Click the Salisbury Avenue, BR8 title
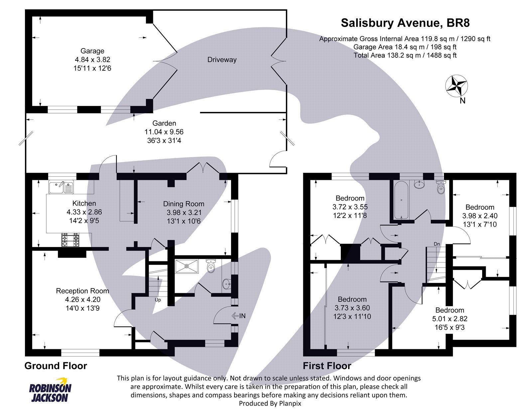coord(405,23)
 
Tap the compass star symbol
coord(456,86)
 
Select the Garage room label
coord(92,51)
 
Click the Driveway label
coord(222,60)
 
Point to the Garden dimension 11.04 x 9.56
coord(164,132)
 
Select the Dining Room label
coord(184,204)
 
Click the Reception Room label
coord(82,291)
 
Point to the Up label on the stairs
coord(158,300)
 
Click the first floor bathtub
coord(402,200)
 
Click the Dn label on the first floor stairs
coord(437,244)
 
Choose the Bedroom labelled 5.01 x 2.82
coord(450,310)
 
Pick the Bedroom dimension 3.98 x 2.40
coord(479,216)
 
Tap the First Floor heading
coord(327,366)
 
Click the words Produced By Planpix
coord(270,404)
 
